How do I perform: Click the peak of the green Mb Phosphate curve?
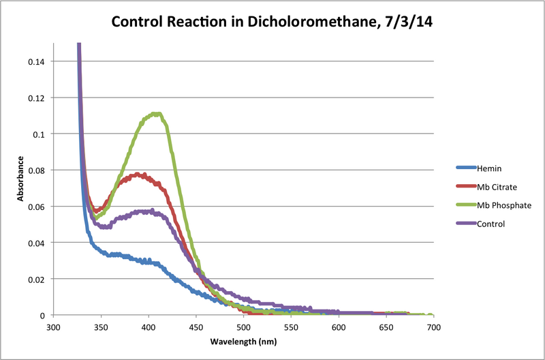tap(157, 114)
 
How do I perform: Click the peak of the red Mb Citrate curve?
tap(138, 175)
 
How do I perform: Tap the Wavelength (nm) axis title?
tap(244, 341)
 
